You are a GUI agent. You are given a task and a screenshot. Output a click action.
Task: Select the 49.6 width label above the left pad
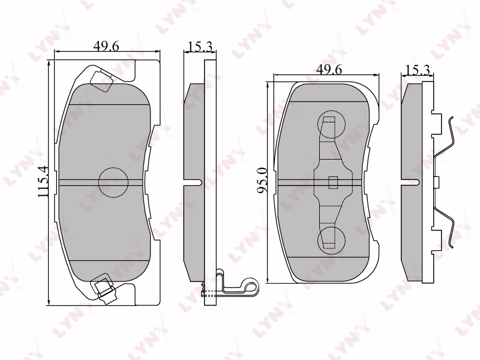(106, 46)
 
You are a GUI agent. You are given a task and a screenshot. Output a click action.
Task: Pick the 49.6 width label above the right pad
(329, 70)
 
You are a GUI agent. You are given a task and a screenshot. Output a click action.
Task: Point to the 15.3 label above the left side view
(200, 47)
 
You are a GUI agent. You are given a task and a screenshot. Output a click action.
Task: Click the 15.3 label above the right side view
(417, 70)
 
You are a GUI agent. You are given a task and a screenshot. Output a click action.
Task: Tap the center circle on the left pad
(113, 182)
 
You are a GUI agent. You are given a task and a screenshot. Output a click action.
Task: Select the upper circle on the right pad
(332, 125)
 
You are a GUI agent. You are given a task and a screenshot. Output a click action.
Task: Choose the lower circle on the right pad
(332, 239)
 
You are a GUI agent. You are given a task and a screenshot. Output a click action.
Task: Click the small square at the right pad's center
(333, 182)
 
